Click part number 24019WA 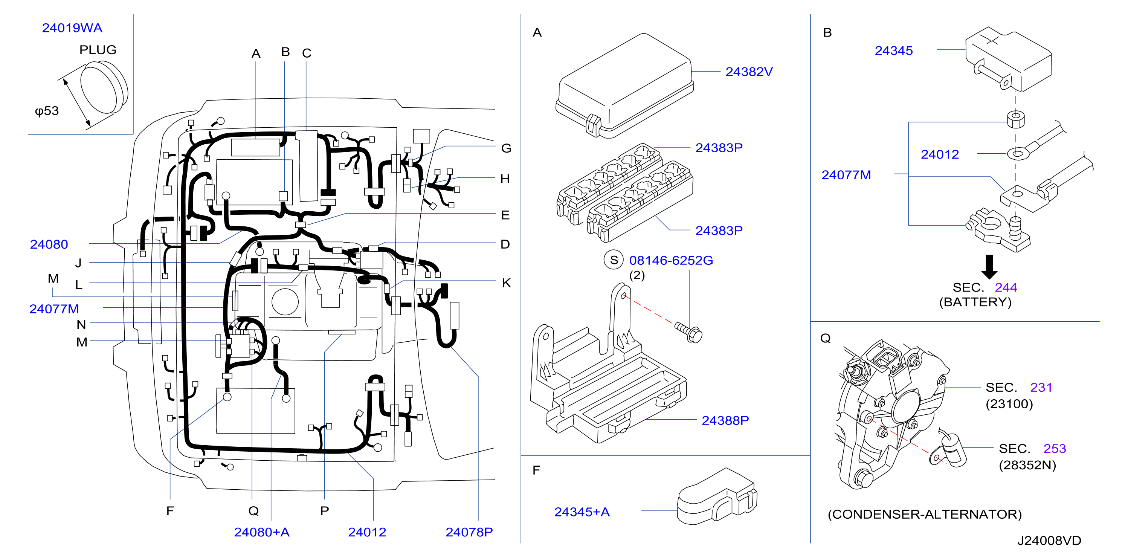pos(72,28)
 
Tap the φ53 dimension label pos(47,111)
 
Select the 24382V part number pos(749,72)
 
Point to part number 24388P pos(725,420)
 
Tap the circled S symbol pos(614,260)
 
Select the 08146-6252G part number pos(671,261)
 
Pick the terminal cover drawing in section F pos(717,496)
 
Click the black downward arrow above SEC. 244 pos(989,267)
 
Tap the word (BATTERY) pos(975,302)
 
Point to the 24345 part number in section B pos(894,51)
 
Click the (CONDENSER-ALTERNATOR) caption pos(924,514)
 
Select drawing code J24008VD pos(1049,541)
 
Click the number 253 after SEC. pos(1055,449)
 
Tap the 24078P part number pos(469,532)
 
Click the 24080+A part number pos(262,532)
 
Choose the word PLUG pos(98,50)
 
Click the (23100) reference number pos(1009,404)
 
